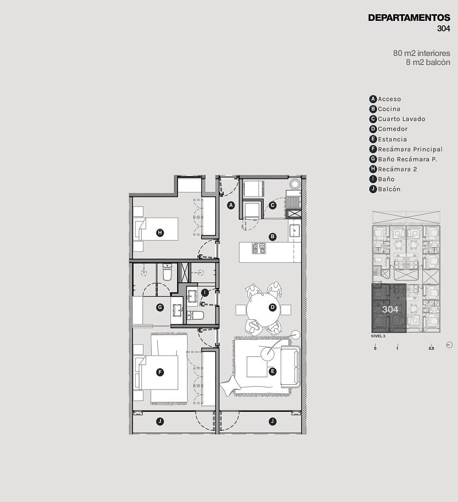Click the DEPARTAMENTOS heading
point(409,18)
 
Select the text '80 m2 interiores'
point(422,53)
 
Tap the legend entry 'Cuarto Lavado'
point(402,119)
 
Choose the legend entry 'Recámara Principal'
point(410,149)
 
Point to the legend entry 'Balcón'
point(389,189)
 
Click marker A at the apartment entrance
point(231,205)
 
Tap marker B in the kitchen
point(272,237)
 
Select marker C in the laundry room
point(272,205)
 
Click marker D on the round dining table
point(272,307)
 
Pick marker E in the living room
point(272,372)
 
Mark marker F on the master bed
point(160,372)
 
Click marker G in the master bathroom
point(160,307)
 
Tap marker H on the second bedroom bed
point(160,233)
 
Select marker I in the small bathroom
point(205,292)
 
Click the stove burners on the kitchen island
point(259,248)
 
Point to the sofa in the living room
point(290,367)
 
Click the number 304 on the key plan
point(390,309)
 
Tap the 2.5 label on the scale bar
point(431,348)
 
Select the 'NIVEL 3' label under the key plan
point(378,336)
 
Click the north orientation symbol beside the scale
point(449,345)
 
